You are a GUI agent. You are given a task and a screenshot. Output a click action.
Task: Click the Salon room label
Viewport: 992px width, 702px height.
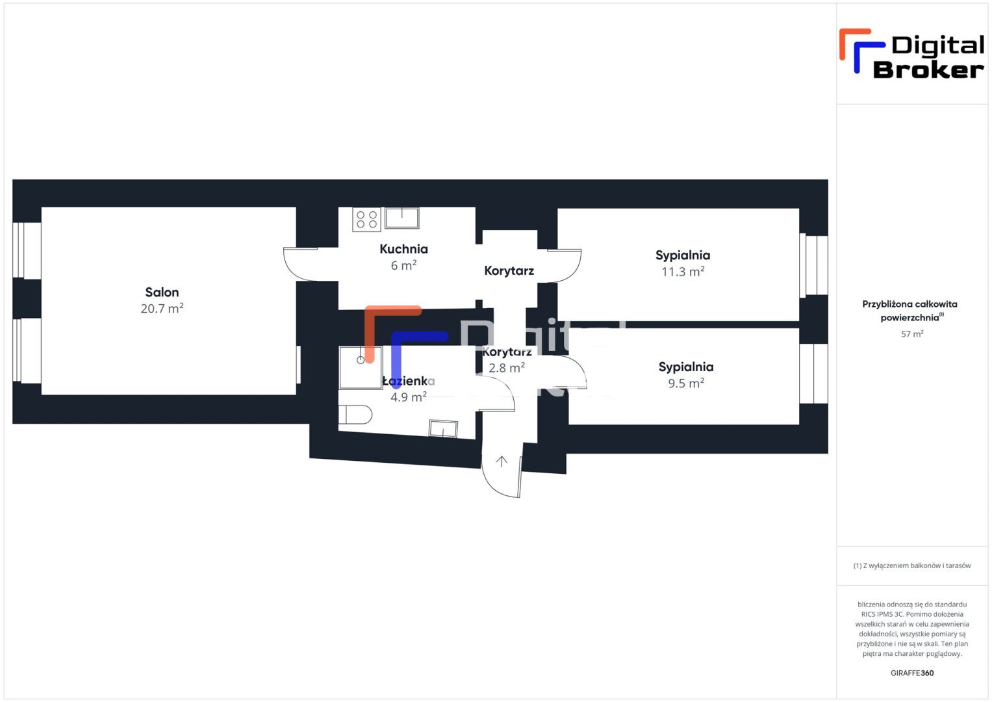(x=162, y=292)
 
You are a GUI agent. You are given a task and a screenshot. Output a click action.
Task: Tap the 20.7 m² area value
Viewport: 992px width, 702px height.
(x=162, y=309)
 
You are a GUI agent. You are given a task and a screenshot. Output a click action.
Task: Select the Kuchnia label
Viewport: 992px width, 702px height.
(x=403, y=249)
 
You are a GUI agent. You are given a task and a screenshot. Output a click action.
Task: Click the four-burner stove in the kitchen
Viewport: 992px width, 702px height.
(x=366, y=220)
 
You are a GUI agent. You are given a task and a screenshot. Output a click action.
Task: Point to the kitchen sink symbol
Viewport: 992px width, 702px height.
(x=401, y=218)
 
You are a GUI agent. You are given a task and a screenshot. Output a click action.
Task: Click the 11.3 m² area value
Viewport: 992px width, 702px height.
(x=683, y=272)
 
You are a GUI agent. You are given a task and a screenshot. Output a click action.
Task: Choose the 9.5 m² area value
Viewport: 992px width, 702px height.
(x=686, y=383)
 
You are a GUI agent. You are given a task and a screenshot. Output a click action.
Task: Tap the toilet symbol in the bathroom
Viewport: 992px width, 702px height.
(x=355, y=415)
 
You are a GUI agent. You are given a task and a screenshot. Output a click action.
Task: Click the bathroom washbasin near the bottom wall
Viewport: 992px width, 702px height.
(x=443, y=429)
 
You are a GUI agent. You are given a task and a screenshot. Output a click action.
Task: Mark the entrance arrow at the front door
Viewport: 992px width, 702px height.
(x=502, y=461)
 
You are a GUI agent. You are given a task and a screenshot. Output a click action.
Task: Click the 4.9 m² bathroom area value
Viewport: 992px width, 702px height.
(x=409, y=397)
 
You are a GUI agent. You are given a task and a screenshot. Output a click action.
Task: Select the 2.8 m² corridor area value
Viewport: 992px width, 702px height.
(x=507, y=368)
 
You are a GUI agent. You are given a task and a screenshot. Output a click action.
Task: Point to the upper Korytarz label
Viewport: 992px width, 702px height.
(x=509, y=271)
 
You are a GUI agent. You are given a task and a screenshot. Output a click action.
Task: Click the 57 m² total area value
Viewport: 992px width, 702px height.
(x=912, y=334)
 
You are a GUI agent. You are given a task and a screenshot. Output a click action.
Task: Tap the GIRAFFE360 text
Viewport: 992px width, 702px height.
(x=912, y=673)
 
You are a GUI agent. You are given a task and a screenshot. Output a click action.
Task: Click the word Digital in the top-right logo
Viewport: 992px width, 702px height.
(x=937, y=45)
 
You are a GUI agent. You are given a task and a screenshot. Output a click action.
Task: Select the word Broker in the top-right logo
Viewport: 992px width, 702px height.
(x=928, y=70)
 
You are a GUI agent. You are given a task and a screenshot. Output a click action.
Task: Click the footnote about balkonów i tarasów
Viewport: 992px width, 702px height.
(x=912, y=566)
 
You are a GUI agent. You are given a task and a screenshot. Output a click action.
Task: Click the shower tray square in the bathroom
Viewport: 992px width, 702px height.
(x=361, y=367)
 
